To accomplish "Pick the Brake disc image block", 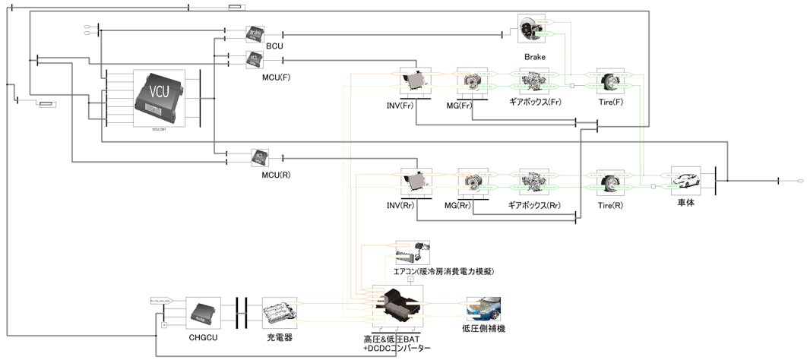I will pos(532,30).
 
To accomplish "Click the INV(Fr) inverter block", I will pos(416,82).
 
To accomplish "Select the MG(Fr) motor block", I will pos(472,82).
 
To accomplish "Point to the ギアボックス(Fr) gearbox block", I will pos(534,82).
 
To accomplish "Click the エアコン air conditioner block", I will pos(413,253).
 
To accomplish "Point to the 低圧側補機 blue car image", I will pos(484,309).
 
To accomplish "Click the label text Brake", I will pos(534,57).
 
